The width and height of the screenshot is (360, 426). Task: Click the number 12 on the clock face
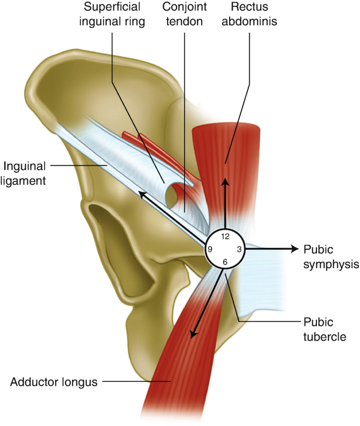[225, 237]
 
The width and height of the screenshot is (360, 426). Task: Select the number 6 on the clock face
[225, 262]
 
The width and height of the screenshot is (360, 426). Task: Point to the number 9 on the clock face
[210, 249]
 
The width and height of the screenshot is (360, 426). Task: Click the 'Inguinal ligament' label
[25, 173]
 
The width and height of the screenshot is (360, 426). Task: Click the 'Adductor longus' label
[54, 382]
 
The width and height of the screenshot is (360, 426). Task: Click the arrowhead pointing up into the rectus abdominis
[225, 182]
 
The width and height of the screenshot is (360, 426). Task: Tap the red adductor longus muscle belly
[173, 363]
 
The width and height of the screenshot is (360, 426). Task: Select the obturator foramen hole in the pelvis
[113, 231]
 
